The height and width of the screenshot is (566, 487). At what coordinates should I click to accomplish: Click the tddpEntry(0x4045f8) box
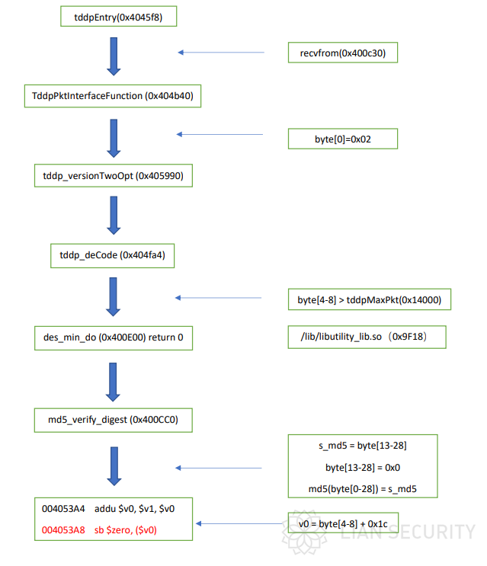118,16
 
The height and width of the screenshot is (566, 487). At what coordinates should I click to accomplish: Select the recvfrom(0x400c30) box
343,53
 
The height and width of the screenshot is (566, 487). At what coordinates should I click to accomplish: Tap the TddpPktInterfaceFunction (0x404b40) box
113,96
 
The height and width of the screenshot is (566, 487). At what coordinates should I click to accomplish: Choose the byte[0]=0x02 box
343,139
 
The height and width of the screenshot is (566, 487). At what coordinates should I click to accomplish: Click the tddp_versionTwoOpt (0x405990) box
114,176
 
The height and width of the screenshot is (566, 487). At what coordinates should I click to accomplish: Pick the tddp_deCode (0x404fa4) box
112,255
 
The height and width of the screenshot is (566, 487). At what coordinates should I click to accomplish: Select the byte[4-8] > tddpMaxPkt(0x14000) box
370,299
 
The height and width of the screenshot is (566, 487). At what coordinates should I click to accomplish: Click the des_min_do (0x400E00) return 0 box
114,338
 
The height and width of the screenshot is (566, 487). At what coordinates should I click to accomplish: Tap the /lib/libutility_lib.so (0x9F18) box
367,337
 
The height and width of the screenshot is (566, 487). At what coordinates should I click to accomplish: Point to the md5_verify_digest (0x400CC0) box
113,421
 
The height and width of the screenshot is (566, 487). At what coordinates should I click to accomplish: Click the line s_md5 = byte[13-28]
363,446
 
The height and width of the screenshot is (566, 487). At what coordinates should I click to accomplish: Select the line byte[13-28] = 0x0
363,468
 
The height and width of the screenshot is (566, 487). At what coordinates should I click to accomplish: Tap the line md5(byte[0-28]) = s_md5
363,489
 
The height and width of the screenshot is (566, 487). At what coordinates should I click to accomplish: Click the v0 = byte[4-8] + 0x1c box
343,523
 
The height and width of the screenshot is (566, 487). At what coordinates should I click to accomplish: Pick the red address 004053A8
63,530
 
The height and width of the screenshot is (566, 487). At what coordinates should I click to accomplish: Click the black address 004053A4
63,509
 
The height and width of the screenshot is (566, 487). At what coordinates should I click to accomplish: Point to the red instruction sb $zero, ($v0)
125,530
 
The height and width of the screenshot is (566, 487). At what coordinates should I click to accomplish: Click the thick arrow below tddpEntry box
114,56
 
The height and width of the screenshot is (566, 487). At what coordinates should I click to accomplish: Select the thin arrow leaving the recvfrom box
221,53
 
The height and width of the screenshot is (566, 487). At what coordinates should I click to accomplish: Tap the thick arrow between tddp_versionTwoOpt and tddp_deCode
114,216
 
